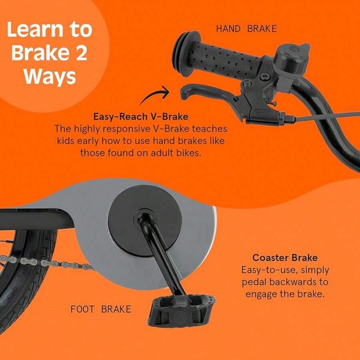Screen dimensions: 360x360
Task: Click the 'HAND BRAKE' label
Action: point(246,29)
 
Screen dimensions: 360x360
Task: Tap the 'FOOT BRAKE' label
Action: point(101,309)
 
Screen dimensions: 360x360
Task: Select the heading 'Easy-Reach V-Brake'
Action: point(141,117)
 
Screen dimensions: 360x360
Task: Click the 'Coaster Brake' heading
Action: point(285,258)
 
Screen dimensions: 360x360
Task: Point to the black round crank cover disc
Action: point(145,221)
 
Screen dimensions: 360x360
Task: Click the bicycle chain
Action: point(46,263)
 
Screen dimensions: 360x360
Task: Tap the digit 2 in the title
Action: point(81,53)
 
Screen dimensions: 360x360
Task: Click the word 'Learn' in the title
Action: point(35,30)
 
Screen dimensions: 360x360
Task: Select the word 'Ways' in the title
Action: point(50,77)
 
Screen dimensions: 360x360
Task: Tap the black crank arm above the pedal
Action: point(161,255)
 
